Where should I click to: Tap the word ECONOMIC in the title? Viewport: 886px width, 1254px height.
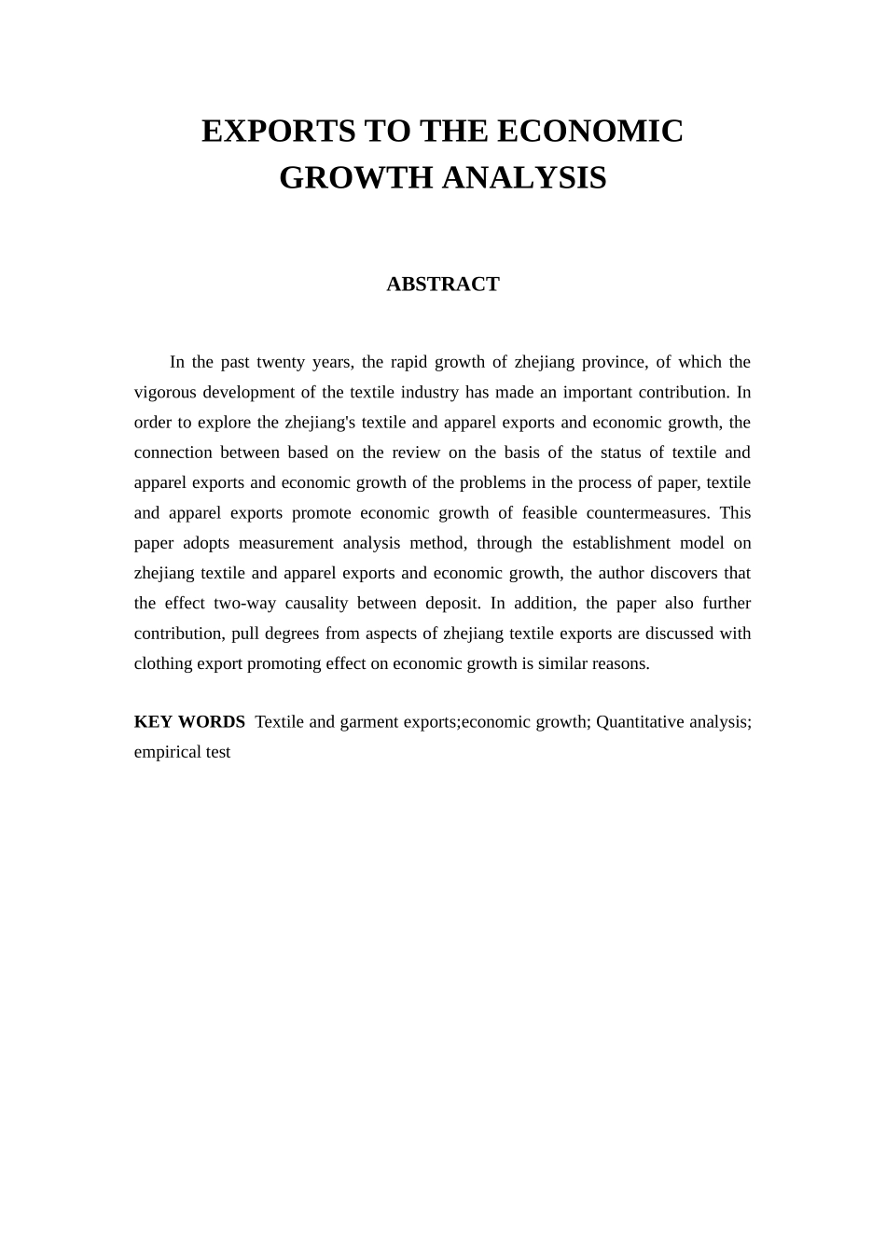click(x=589, y=132)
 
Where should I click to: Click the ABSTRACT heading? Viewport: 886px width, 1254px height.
click(x=443, y=285)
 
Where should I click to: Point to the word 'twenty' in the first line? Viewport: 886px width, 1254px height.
click(x=282, y=362)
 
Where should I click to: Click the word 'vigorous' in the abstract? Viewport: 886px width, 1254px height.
click(x=165, y=392)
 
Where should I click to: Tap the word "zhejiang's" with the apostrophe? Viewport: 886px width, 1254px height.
click(x=320, y=423)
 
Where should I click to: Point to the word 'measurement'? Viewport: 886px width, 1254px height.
click(x=285, y=543)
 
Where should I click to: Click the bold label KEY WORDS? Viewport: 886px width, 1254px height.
click(x=189, y=722)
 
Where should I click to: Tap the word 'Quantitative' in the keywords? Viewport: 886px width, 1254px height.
click(x=640, y=722)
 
